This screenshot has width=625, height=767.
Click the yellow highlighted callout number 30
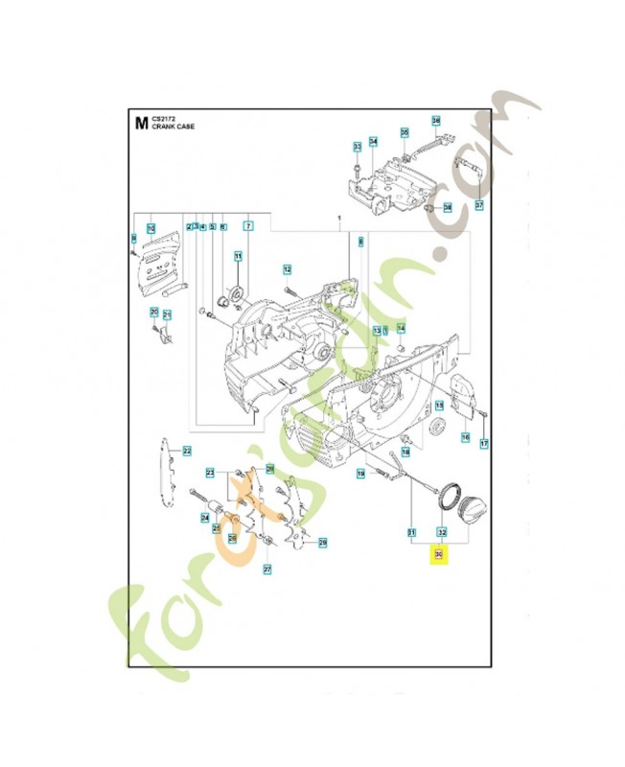click(440, 555)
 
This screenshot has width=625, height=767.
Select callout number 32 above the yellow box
click(441, 532)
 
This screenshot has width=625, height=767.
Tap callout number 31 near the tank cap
click(411, 532)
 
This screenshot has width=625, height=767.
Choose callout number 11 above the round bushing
click(238, 256)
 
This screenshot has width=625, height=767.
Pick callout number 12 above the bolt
click(287, 269)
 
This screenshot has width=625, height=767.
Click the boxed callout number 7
click(247, 226)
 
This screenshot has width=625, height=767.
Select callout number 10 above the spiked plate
click(150, 227)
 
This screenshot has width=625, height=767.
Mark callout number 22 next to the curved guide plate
click(188, 451)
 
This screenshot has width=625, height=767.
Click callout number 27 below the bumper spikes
click(267, 569)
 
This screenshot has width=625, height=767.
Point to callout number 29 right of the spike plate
click(323, 543)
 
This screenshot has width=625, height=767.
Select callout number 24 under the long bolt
click(205, 518)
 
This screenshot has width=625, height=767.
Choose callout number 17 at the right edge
click(484, 443)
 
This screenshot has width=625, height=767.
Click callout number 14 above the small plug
click(401, 329)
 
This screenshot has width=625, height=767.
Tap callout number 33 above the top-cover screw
click(357, 147)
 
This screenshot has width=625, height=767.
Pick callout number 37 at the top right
click(478, 205)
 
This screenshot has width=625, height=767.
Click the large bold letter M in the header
click(141, 122)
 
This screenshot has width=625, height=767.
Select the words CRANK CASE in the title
click(173, 127)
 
